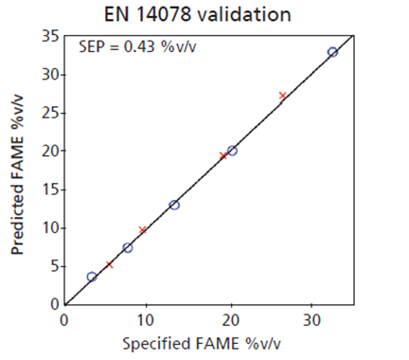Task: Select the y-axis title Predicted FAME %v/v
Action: (19, 172)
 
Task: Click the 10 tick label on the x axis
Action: (147, 319)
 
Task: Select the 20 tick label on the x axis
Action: (230, 319)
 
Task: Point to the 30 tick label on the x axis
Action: (312, 319)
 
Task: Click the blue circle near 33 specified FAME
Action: (332, 52)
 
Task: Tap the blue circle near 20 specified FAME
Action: (232, 151)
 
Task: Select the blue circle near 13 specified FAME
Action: (174, 205)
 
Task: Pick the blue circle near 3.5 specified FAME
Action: (92, 277)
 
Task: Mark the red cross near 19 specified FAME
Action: (223, 155)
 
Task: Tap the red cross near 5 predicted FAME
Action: (110, 264)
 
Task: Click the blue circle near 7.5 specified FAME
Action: (128, 247)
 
